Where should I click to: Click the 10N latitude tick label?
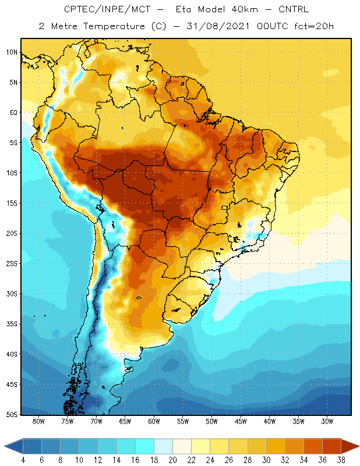click(12, 52)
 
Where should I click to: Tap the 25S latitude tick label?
click(12, 263)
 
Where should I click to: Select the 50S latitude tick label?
click(12, 414)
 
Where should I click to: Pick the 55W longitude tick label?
click(182, 422)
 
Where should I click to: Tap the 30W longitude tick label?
click(327, 422)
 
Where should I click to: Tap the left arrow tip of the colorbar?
click(5, 446)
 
